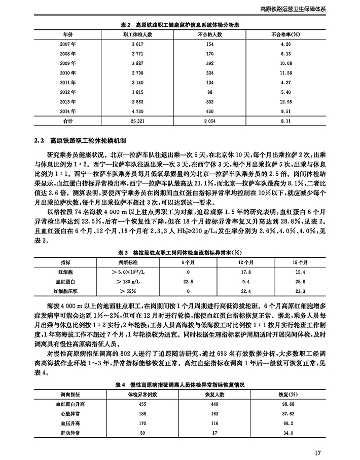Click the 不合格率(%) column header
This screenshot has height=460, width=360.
[285, 34]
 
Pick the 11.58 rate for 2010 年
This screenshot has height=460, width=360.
[286, 72]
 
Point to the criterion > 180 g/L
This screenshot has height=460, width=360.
[121, 280]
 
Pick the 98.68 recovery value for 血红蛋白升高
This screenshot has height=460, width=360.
[287, 404]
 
